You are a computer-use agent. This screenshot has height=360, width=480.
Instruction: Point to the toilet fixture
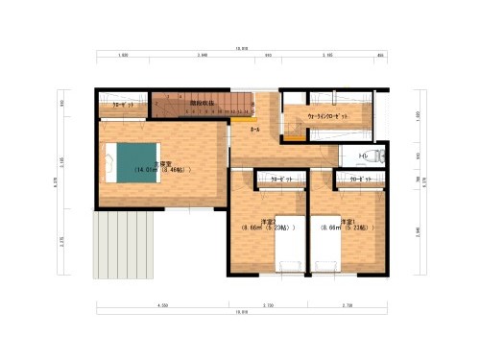coord(377,156)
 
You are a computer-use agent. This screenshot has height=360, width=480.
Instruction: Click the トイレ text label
coord(363,155)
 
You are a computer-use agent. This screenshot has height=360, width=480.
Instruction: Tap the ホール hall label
coord(254,127)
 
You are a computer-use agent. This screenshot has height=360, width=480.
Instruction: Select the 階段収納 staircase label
coord(200,100)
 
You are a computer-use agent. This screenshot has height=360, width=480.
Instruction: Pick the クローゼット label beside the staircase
coord(123,103)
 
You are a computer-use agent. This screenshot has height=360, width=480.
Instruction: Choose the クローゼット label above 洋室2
coord(280,180)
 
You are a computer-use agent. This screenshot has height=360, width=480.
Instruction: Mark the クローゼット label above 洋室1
coord(360,180)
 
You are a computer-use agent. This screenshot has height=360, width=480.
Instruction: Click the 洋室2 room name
coord(254,222)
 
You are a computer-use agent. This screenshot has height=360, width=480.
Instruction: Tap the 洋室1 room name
coord(334,222)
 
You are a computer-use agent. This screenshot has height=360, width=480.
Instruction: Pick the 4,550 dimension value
coord(163,304)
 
